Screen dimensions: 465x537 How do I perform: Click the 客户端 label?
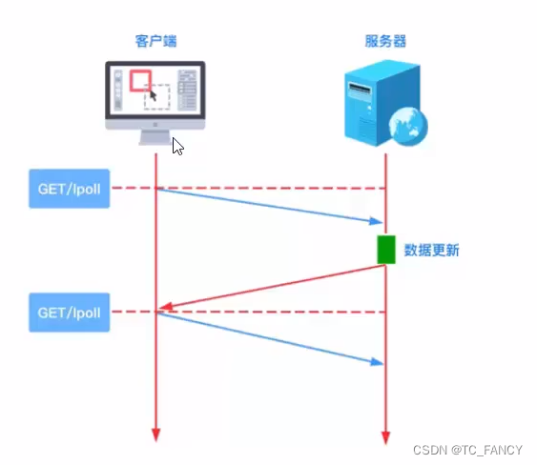pyautogui.click(x=155, y=41)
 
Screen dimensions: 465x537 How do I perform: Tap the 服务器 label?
pyautogui.click(x=385, y=41)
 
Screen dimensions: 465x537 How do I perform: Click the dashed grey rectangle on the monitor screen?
pyautogui.click(x=158, y=97)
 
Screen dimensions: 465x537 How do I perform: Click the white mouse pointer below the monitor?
pyautogui.click(x=178, y=146)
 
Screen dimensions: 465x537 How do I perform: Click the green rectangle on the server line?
pyautogui.click(x=385, y=250)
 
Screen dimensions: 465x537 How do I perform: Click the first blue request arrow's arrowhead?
pyautogui.click(x=375, y=223)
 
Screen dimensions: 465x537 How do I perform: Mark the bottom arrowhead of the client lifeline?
pyautogui.click(x=155, y=435)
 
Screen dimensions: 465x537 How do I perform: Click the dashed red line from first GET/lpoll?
pyautogui.click(x=267, y=188)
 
